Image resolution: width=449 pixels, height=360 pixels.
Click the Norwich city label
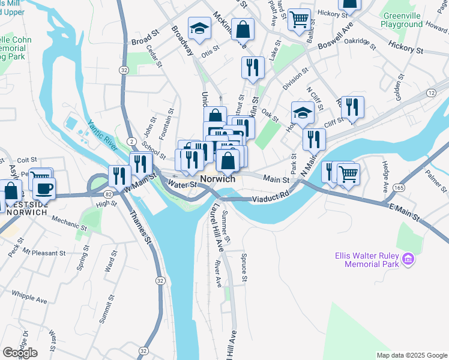[x=217, y=179]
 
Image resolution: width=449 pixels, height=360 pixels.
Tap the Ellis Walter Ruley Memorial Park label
[x=367, y=259]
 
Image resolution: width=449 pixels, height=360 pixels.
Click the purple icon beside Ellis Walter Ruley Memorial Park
[x=408, y=259]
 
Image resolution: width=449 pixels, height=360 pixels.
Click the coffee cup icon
[x=44, y=189]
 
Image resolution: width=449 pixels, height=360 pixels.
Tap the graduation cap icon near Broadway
[x=199, y=28]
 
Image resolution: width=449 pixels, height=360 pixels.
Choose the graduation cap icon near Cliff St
[x=303, y=112]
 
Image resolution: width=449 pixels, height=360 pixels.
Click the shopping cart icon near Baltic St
[x=298, y=18]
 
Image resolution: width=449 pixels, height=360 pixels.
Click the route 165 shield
[x=398, y=188]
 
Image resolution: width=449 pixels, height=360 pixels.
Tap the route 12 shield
[x=431, y=92]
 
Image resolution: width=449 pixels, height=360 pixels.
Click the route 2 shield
[x=130, y=140]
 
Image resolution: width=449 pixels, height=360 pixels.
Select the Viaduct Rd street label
[x=271, y=196]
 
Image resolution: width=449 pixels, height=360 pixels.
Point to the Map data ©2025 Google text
[x=411, y=355]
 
